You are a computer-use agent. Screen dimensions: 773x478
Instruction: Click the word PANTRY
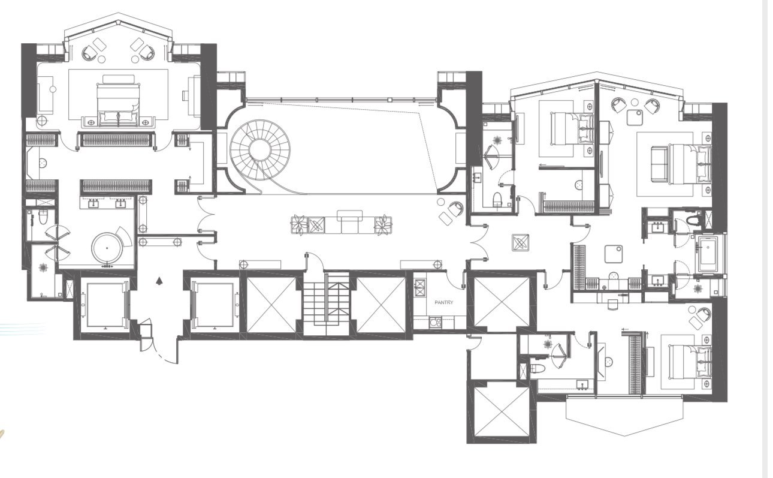(444, 302)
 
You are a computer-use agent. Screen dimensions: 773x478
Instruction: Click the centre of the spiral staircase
(260, 150)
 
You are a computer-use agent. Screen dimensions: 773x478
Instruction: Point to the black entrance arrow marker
(159, 281)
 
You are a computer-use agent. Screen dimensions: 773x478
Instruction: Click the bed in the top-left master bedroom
(119, 104)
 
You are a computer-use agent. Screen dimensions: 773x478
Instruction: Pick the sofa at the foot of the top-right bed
(659, 164)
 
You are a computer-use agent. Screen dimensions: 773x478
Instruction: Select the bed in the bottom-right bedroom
(690, 361)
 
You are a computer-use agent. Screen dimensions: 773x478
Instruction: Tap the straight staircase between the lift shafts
(326, 303)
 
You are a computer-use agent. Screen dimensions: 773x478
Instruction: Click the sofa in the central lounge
(349, 222)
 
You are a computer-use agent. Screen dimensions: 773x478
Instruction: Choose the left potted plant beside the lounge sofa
(299, 225)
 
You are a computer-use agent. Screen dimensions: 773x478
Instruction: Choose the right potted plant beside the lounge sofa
(384, 225)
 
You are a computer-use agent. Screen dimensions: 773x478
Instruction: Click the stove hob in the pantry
(419, 287)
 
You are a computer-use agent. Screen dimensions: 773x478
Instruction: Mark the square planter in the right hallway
(520, 242)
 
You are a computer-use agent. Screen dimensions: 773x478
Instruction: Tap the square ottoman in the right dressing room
(614, 254)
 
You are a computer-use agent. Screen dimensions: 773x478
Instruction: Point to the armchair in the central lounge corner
(455, 209)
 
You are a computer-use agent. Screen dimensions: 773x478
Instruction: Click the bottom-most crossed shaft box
(502, 411)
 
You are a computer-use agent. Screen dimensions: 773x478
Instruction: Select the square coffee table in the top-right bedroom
(635, 118)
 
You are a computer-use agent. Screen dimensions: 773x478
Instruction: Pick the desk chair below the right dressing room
(613, 305)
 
